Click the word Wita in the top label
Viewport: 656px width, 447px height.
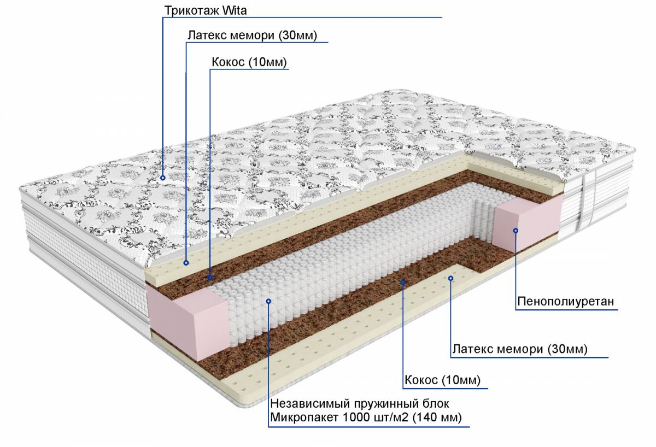click(x=235, y=10)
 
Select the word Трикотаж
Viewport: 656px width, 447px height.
click(x=191, y=10)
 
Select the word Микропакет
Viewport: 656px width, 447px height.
click(x=302, y=418)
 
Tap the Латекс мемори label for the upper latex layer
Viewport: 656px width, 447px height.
click(x=252, y=36)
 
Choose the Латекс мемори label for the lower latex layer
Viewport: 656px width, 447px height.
click(x=519, y=349)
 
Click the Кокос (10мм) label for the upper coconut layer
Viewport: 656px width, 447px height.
click(x=249, y=62)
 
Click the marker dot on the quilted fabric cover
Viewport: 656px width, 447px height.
click(x=163, y=178)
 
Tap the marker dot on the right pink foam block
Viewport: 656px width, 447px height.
click(x=516, y=231)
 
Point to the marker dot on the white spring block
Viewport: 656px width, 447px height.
click(x=268, y=301)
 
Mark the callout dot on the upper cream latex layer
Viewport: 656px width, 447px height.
click(x=186, y=263)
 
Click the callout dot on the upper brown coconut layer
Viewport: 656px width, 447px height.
click(x=210, y=278)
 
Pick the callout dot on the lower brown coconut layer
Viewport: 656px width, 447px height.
click(x=403, y=283)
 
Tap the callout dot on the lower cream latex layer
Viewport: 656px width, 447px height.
click(x=451, y=278)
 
